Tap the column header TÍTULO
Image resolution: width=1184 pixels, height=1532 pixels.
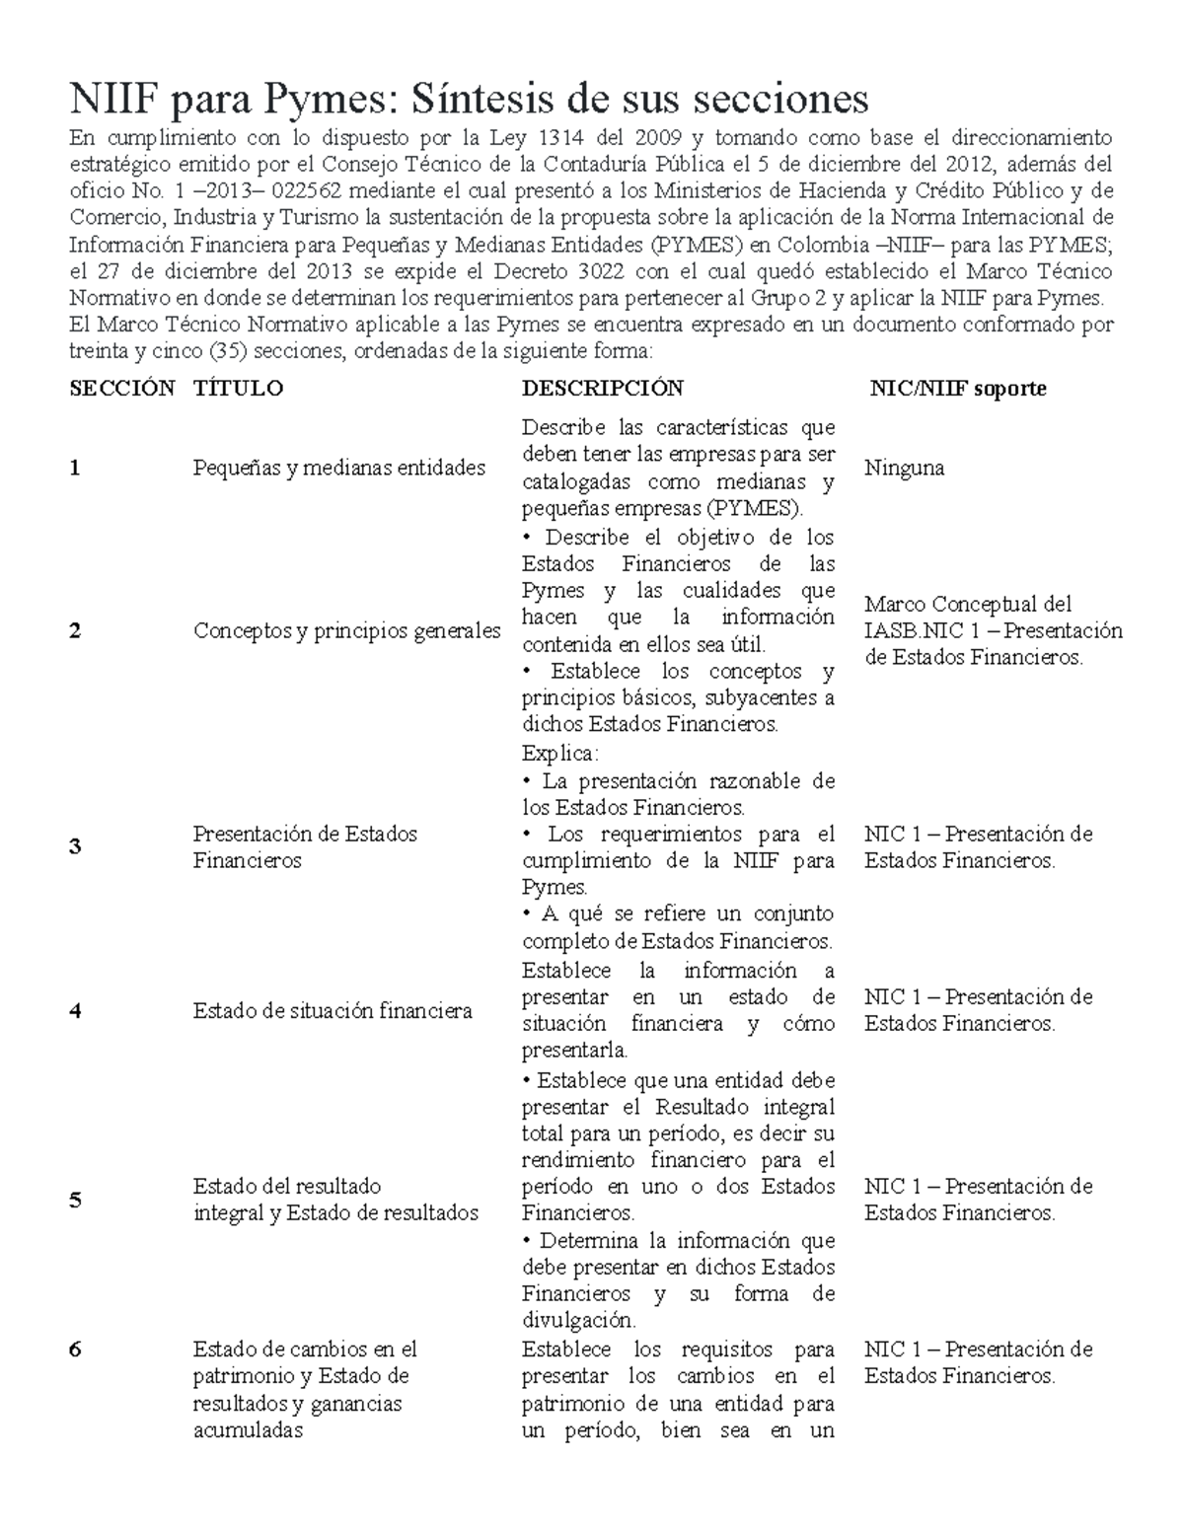click(238, 389)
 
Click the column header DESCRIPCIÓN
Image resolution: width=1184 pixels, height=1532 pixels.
click(602, 389)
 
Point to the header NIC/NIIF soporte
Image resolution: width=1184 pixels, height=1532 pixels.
click(957, 389)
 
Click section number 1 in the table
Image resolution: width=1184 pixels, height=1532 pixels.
click(75, 469)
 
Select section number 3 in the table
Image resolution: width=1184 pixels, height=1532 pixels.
click(75, 847)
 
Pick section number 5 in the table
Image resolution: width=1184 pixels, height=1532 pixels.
click(75, 1201)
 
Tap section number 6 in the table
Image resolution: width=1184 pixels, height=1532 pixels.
click(75, 1350)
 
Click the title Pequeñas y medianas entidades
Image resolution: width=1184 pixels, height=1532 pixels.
click(338, 469)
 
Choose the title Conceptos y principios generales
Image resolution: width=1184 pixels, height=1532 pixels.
click(346, 631)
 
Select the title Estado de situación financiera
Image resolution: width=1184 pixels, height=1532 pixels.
click(333, 1011)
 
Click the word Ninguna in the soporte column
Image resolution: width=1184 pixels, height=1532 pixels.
click(904, 469)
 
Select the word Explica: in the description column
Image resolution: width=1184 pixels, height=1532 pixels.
click(559, 754)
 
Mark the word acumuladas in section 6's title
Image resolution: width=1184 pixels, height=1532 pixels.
click(248, 1430)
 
